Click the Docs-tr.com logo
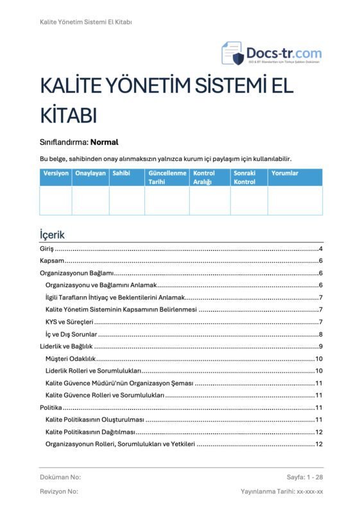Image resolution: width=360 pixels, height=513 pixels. coord(271,53)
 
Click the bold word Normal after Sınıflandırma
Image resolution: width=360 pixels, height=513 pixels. coord(105,142)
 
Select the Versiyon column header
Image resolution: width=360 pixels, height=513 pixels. coord(56,173)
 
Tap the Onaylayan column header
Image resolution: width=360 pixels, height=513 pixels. coord(90,173)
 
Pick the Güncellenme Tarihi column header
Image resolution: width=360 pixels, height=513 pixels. coord(167,178)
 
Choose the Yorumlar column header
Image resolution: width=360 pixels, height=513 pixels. coord(285,173)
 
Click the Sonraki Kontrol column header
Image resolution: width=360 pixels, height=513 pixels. coord(244,178)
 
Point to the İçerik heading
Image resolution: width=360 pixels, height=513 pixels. coord(52,235)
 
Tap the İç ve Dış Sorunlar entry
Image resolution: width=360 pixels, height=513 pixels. coord(71,334)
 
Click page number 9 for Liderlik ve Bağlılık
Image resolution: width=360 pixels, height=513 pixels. coord(320,346)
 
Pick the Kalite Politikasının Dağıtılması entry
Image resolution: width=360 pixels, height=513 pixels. coord(94,432)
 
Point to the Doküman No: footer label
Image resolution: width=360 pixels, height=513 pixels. coord(60,478)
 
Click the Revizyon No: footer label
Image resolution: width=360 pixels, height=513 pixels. coord(59,491)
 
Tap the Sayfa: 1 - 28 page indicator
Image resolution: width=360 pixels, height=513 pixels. coord(305,478)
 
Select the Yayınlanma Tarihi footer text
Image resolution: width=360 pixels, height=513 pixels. coord(278,491)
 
